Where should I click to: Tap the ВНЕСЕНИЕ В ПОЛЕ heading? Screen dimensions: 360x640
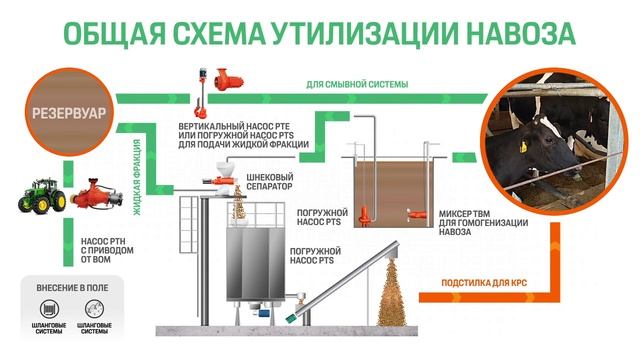[x=74, y=287]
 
